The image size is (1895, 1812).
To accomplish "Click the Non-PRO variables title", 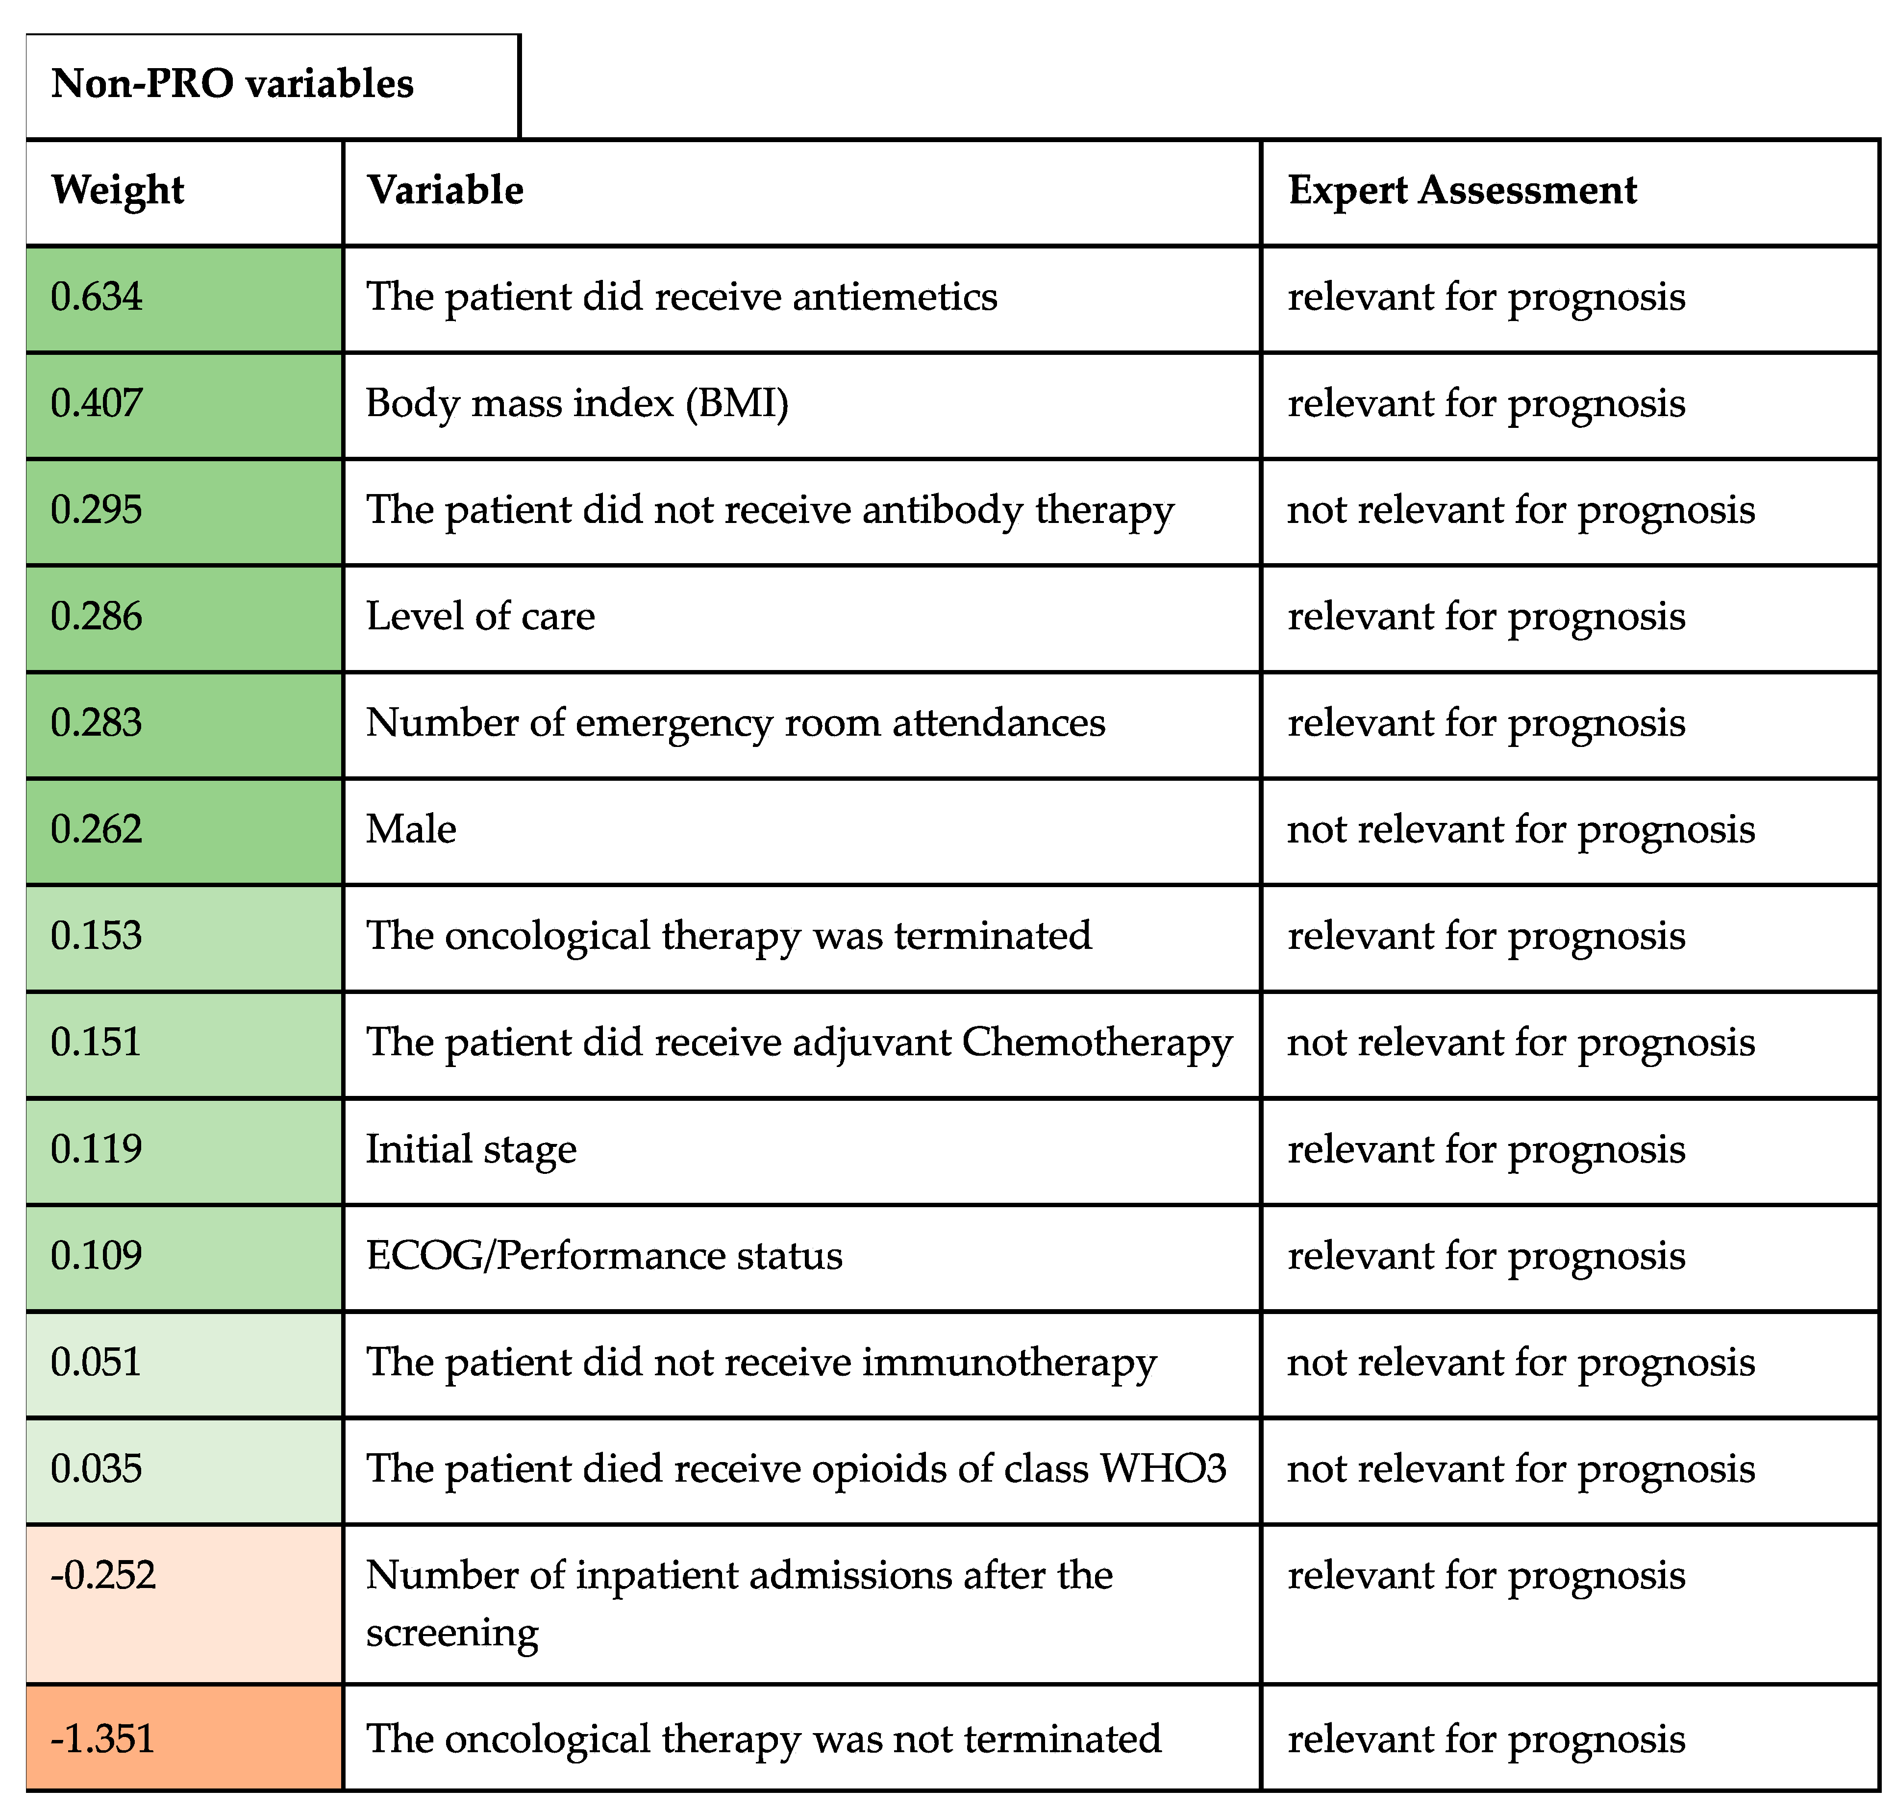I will tap(232, 84).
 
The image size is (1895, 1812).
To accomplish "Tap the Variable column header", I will tap(445, 190).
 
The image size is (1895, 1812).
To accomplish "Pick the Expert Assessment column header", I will tap(1462, 190).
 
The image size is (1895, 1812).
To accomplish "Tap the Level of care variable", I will tap(480, 616).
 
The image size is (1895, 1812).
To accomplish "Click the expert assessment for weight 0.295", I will tap(1520, 510).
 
